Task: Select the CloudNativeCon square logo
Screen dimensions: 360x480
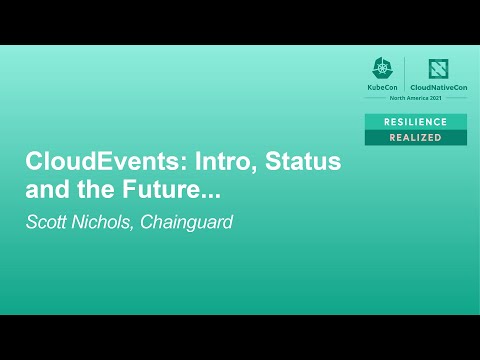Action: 439,69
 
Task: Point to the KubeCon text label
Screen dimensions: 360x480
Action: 384,88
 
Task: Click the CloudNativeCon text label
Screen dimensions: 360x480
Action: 439,88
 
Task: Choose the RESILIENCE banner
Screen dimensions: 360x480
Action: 415,121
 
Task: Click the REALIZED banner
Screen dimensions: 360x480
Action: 415,137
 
